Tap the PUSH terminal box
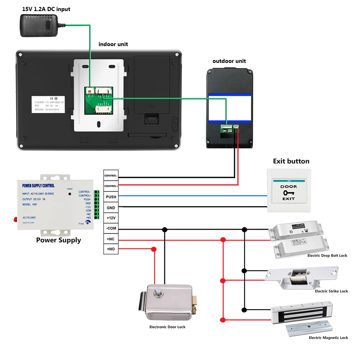point(111,197)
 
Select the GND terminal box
point(111,208)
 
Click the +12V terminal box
point(111,218)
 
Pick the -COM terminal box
point(111,229)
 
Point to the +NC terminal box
point(111,239)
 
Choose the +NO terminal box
point(111,249)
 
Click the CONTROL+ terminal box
point(111,186)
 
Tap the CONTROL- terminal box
point(111,176)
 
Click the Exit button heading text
point(291,161)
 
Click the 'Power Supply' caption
point(58,240)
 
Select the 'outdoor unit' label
point(229,61)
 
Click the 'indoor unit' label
point(113,44)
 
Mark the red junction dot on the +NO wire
point(154,249)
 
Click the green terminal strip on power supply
point(96,205)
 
